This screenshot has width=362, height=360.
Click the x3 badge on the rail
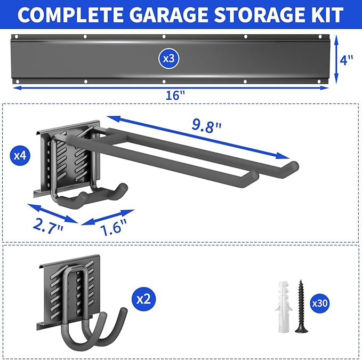(x=168, y=59)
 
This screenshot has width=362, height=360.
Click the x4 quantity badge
(x=19, y=156)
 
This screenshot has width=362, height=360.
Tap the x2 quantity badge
(x=142, y=299)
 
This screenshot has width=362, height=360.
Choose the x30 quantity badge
(x=319, y=303)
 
